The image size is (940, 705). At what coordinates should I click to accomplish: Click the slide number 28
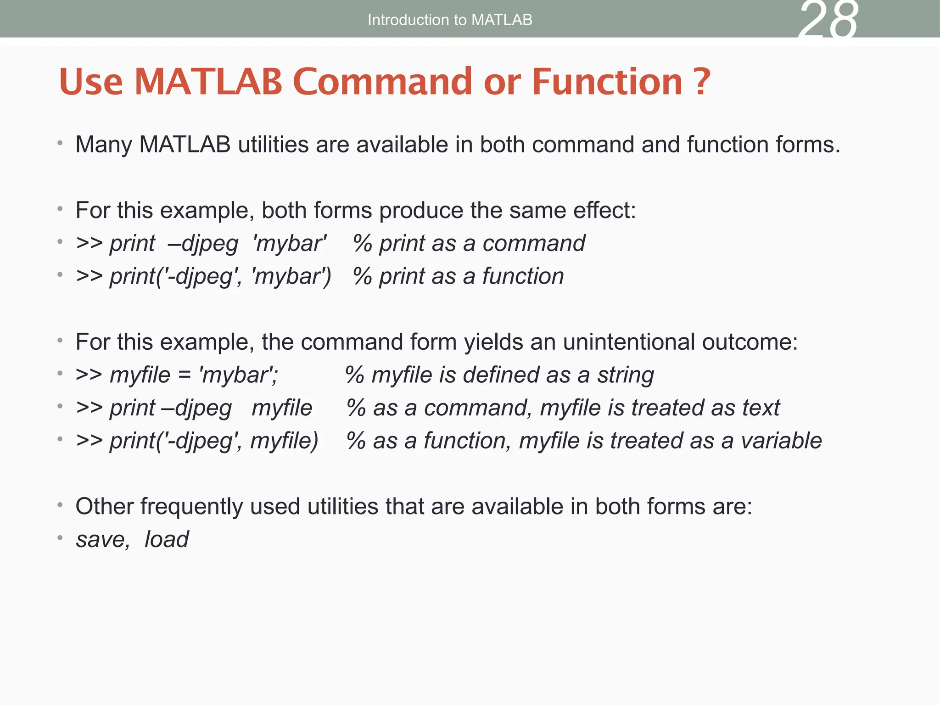828,21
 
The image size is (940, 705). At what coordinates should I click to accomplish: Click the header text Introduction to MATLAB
450,20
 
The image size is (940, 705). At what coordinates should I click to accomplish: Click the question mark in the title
701,81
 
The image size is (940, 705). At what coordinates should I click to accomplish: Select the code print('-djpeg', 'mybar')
220,276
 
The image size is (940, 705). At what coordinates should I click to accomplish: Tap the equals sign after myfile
184,375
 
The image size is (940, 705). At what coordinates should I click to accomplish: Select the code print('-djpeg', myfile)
214,441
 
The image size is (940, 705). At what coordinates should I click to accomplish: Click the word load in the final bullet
166,539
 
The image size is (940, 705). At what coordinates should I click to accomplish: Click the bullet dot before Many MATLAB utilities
60,144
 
